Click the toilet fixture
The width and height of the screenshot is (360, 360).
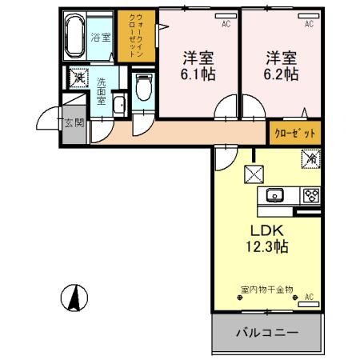[x=143, y=86]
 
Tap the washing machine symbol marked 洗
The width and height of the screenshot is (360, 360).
[x=78, y=78]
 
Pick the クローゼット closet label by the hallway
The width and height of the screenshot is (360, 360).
[x=295, y=133]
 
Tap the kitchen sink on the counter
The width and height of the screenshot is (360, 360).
[x=274, y=195]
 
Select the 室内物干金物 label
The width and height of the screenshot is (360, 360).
[x=266, y=289]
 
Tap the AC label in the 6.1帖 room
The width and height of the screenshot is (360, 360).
[x=226, y=24]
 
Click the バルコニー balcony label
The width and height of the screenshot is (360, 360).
[x=266, y=332]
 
